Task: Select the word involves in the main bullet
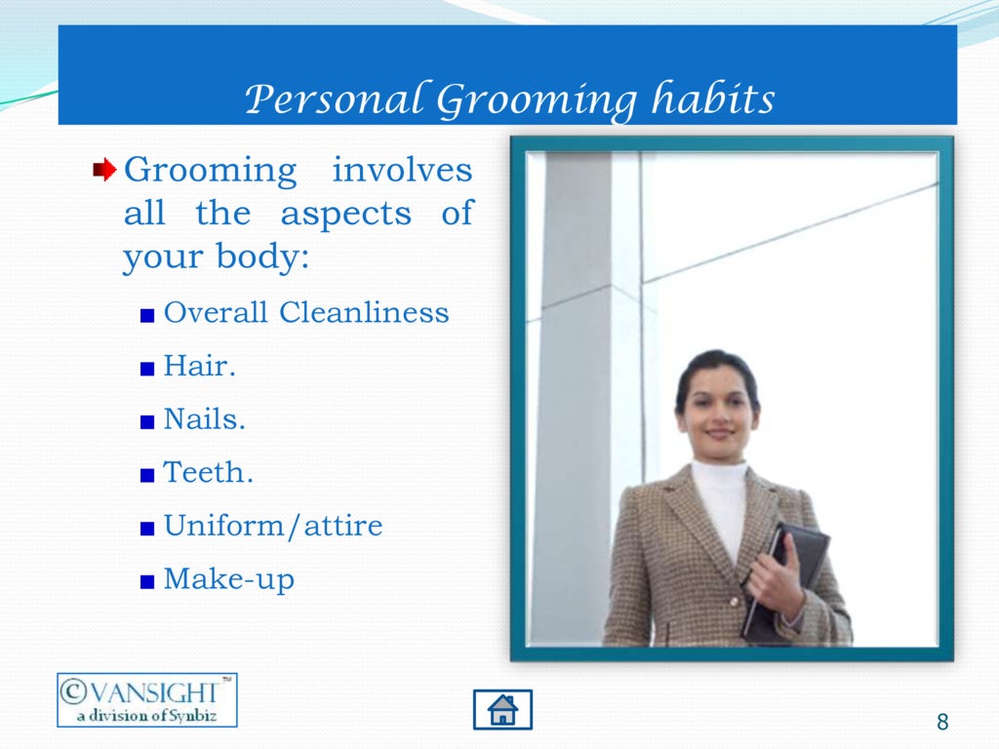pyautogui.click(x=402, y=171)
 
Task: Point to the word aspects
pyautogui.click(x=345, y=214)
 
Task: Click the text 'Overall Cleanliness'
pyautogui.click(x=305, y=313)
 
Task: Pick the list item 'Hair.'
pyautogui.click(x=200, y=367)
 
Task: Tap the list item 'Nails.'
pyautogui.click(x=204, y=419)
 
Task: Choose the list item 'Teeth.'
pyautogui.click(x=208, y=473)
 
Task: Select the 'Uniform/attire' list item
pyautogui.click(x=272, y=527)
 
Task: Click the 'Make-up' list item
pyautogui.click(x=228, y=579)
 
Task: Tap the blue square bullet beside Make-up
pyautogui.click(x=146, y=582)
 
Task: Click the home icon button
pyautogui.click(x=502, y=709)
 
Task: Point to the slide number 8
pyautogui.click(x=941, y=723)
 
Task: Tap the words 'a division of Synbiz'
pyautogui.click(x=146, y=716)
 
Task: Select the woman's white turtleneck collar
pyautogui.click(x=720, y=479)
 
